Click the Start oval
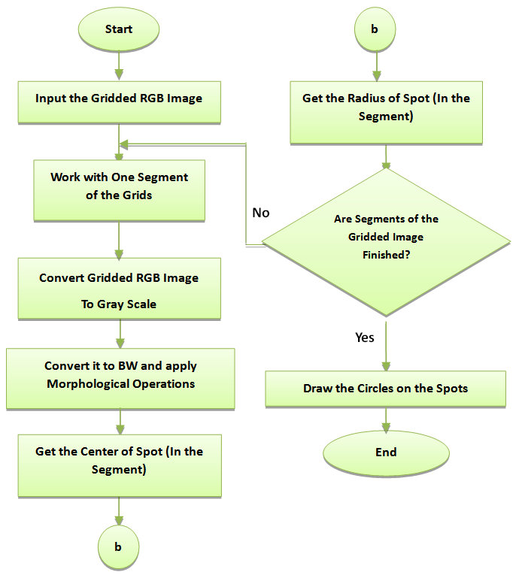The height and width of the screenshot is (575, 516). tap(118, 29)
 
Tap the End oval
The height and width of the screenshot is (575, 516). tap(386, 452)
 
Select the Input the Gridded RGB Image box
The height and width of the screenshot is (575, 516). tap(119, 98)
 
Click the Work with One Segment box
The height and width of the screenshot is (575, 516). tap(119, 186)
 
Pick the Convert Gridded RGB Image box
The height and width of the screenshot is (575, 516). tap(119, 290)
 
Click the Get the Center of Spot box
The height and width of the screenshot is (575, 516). tap(119, 461)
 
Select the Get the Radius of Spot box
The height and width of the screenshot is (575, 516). tap(386, 107)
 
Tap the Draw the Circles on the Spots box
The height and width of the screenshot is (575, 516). tap(386, 389)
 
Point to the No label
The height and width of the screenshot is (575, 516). tap(260, 213)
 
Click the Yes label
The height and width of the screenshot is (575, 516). tap(364, 337)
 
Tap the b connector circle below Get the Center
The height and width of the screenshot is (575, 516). tap(118, 546)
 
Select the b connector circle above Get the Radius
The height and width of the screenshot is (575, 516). tap(375, 29)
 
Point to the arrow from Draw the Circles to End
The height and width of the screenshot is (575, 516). tap(386, 420)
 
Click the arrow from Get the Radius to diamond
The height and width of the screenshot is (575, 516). tap(386, 156)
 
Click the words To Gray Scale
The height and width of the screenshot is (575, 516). tap(119, 305)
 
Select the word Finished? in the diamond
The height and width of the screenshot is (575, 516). tap(386, 255)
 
